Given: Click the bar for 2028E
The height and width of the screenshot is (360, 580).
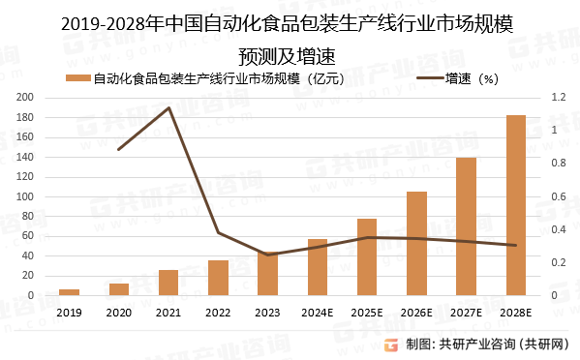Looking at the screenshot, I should (x=516, y=206).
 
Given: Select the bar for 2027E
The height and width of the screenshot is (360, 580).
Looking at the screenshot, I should (x=466, y=226).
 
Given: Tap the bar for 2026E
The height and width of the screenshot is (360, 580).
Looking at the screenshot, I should (x=416, y=244).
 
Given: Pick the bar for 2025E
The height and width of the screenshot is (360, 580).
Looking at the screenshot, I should (x=367, y=257).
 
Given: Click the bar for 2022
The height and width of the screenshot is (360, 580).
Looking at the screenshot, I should (x=218, y=278).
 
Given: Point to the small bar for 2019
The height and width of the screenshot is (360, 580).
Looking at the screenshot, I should (x=69, y=292).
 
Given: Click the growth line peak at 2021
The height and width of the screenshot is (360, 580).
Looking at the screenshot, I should (x=168, y=108).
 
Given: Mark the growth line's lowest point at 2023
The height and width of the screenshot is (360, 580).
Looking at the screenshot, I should (x=267, y=255).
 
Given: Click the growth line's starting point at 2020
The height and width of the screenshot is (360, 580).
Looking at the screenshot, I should (x=118, y=150).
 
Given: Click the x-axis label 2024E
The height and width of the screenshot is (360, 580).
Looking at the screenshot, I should (x=317, y=313).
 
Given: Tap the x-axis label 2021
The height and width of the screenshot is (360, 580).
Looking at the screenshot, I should (x=168, y=313).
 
